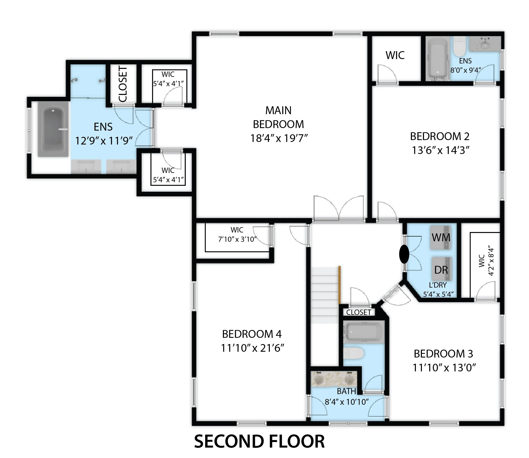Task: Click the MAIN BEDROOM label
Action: pos(278,117)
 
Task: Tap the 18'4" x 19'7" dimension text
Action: pos(278,138)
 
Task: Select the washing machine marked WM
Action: pos(441,238)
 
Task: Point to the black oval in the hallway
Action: pos(404,254)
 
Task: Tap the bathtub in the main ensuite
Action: pos(53,129)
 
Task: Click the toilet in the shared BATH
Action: pos(353,354)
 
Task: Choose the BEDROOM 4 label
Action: pos(252,334)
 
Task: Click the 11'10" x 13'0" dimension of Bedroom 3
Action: pos(444,368)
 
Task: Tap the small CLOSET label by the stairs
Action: pos(358,312)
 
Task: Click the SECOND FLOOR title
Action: pos(259,441)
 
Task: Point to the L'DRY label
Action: pos(438,285)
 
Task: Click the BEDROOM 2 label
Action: pos(440,136)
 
